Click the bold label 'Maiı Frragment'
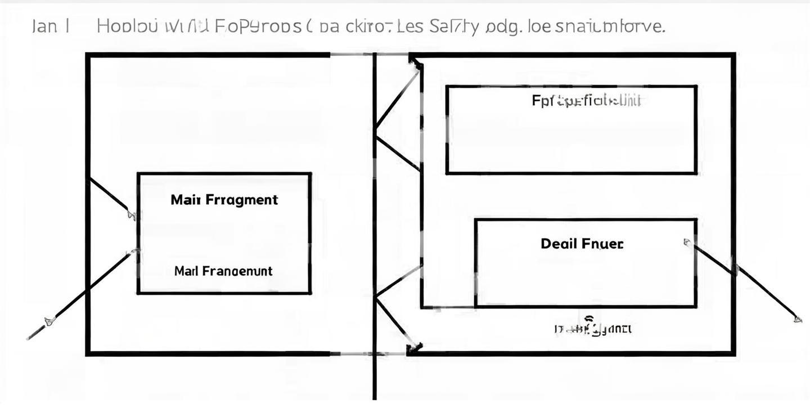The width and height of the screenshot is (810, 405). (x=224, y=200)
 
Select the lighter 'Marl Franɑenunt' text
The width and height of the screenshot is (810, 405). (x=223, y=271)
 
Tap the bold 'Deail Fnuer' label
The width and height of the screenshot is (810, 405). (x=582, y=244)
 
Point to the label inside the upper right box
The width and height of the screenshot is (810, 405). (x=586, y=101)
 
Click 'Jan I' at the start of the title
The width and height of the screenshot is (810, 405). (x=51, y=26)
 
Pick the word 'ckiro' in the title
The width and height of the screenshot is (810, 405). (x=368, y=26)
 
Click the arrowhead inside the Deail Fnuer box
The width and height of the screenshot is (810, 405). (x=687, y=242)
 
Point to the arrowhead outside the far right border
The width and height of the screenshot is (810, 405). (x=797, y=319)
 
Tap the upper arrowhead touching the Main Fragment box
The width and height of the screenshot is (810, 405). (x=132, y=214)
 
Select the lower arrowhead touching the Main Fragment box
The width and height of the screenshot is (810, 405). (x=134, y=251)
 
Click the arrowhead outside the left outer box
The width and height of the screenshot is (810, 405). (x=49, y=321)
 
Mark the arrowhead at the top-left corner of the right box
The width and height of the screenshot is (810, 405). (x=416, y=63)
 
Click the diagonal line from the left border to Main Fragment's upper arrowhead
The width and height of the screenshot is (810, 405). (x=110, y=196)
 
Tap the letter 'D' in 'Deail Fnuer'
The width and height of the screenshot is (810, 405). (x=546, y=244)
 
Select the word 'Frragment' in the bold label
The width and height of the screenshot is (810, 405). (x=242, y=200)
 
